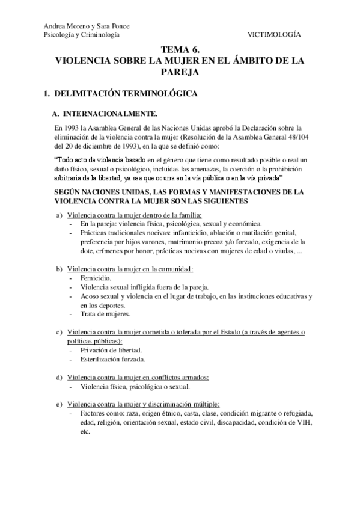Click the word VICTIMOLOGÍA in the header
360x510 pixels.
click(x=275, y=35)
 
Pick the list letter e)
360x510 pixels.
click(x=59, y=405)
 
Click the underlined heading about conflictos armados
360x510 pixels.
click(x=138, y=377)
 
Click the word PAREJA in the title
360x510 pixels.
click(x=179, y=72)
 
